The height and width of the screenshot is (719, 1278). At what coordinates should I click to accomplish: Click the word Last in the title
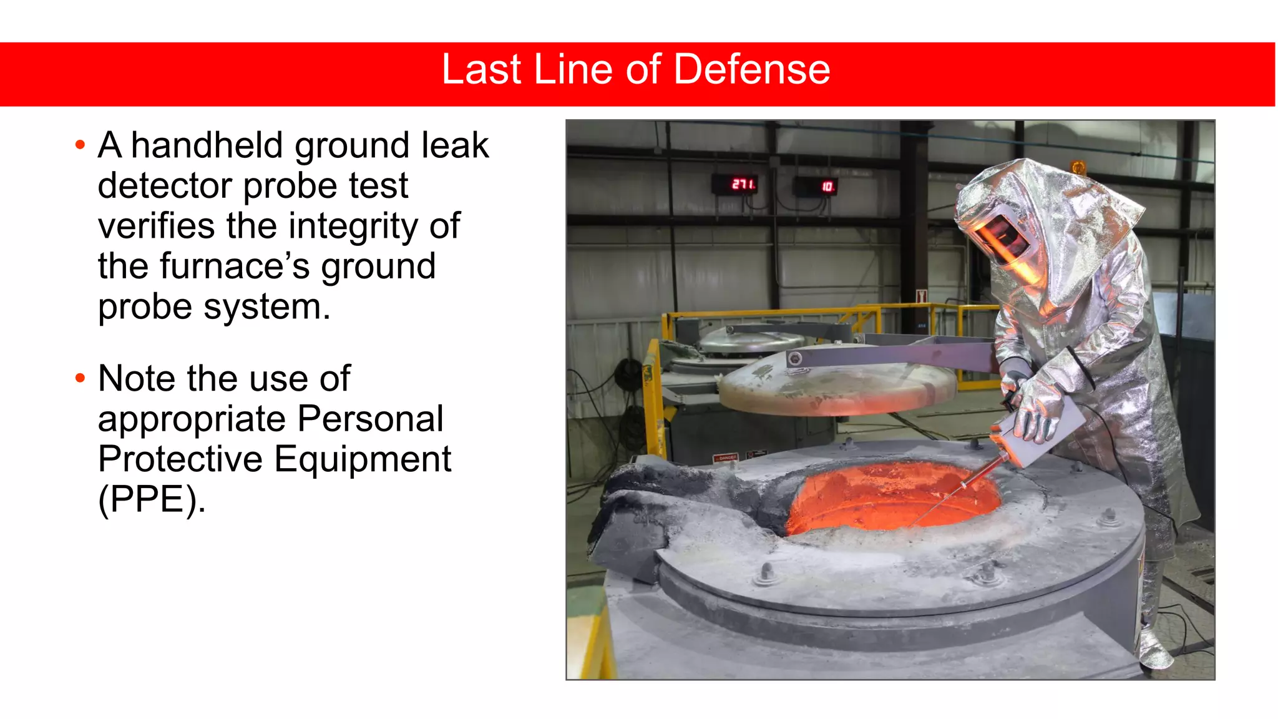coord(480,69)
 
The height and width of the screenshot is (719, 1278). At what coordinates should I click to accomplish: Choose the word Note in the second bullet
coord(137,379)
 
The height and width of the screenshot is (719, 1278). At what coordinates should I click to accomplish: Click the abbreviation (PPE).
coord(152,499)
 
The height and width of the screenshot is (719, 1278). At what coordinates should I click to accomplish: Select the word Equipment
coord(362,459)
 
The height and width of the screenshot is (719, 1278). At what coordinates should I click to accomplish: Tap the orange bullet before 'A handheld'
coord(80,145)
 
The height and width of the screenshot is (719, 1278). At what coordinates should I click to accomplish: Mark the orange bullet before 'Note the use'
coord(80,378)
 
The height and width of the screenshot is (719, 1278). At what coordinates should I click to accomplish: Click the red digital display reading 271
coord(743,184)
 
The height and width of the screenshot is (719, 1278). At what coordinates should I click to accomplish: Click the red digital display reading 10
coord(827,186)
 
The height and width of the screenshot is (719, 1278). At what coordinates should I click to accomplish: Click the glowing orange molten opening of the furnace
coord(892,496)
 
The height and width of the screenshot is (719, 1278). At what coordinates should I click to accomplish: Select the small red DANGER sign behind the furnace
coord(725,458)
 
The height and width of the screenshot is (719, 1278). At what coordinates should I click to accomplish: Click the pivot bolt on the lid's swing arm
coord(795,359)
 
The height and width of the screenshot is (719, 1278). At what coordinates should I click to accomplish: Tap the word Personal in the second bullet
coord(370,419)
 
